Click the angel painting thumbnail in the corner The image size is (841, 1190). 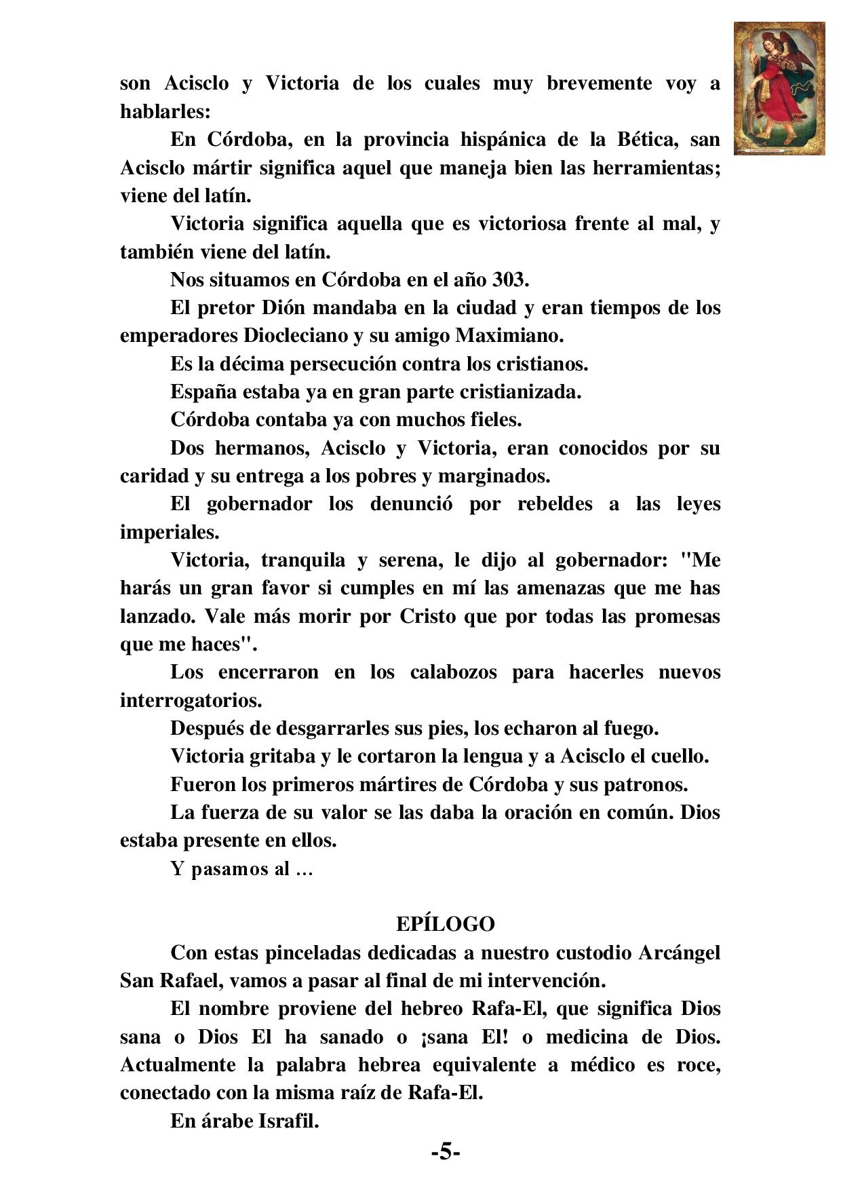pos(779,88)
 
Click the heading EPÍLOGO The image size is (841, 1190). pos(446,924)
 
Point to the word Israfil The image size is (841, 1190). pos(288,1121)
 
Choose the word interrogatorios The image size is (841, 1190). pos(191,700)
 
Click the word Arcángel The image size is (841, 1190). pos(679,953)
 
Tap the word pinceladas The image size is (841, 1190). pos(311,953)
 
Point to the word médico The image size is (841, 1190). pos(604,1064)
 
